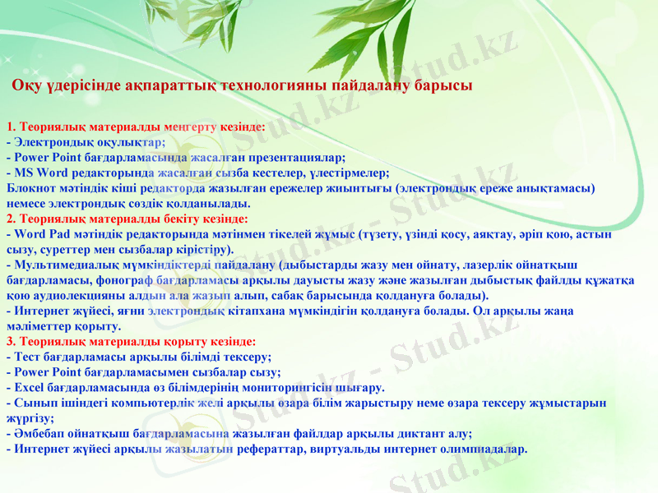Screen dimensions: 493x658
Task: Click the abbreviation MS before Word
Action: [24, 173]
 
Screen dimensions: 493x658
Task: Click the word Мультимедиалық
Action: [58, 265]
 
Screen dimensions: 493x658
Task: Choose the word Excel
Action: [30, 388]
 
